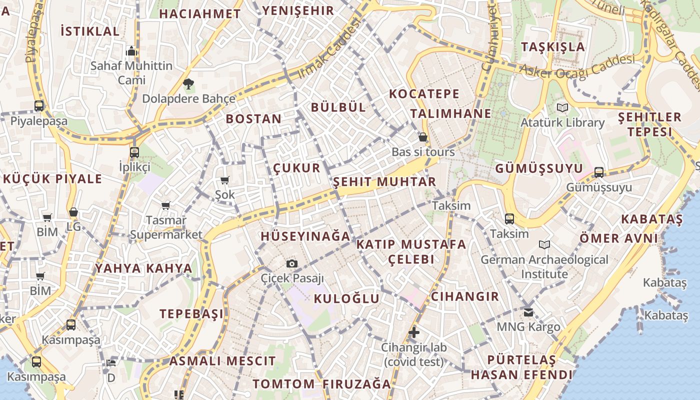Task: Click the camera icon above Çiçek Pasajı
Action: click(x=292, y=263)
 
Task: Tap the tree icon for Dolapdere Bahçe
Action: click(x=188, y=84)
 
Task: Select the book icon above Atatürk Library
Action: click(x=562, y=107)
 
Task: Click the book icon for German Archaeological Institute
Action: click(x=544, y=244)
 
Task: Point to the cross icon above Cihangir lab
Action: click(x=414, y=332)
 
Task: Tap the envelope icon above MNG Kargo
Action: click(x=528, y=312)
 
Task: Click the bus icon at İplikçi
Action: click(x=134, y=152)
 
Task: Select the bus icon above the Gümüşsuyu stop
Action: click(x=599, y=172)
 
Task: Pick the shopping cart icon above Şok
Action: click(x=225, y=180)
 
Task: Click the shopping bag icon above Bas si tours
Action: click(x=423, y=137)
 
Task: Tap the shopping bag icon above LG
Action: click(x=73, y=212)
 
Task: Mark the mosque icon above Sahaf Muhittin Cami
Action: click(x=131, y=51)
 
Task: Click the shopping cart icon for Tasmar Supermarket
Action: click(x=166, y=205)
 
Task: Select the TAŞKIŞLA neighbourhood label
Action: click(x=553, y=47)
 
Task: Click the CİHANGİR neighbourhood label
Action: click(x=465, y=296)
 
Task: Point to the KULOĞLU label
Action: click(x=346, y=299)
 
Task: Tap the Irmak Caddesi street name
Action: click(x=329, y=49)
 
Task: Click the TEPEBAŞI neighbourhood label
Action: click(x=192, y=314)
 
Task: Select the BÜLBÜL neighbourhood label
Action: click(x=338, y=107)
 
